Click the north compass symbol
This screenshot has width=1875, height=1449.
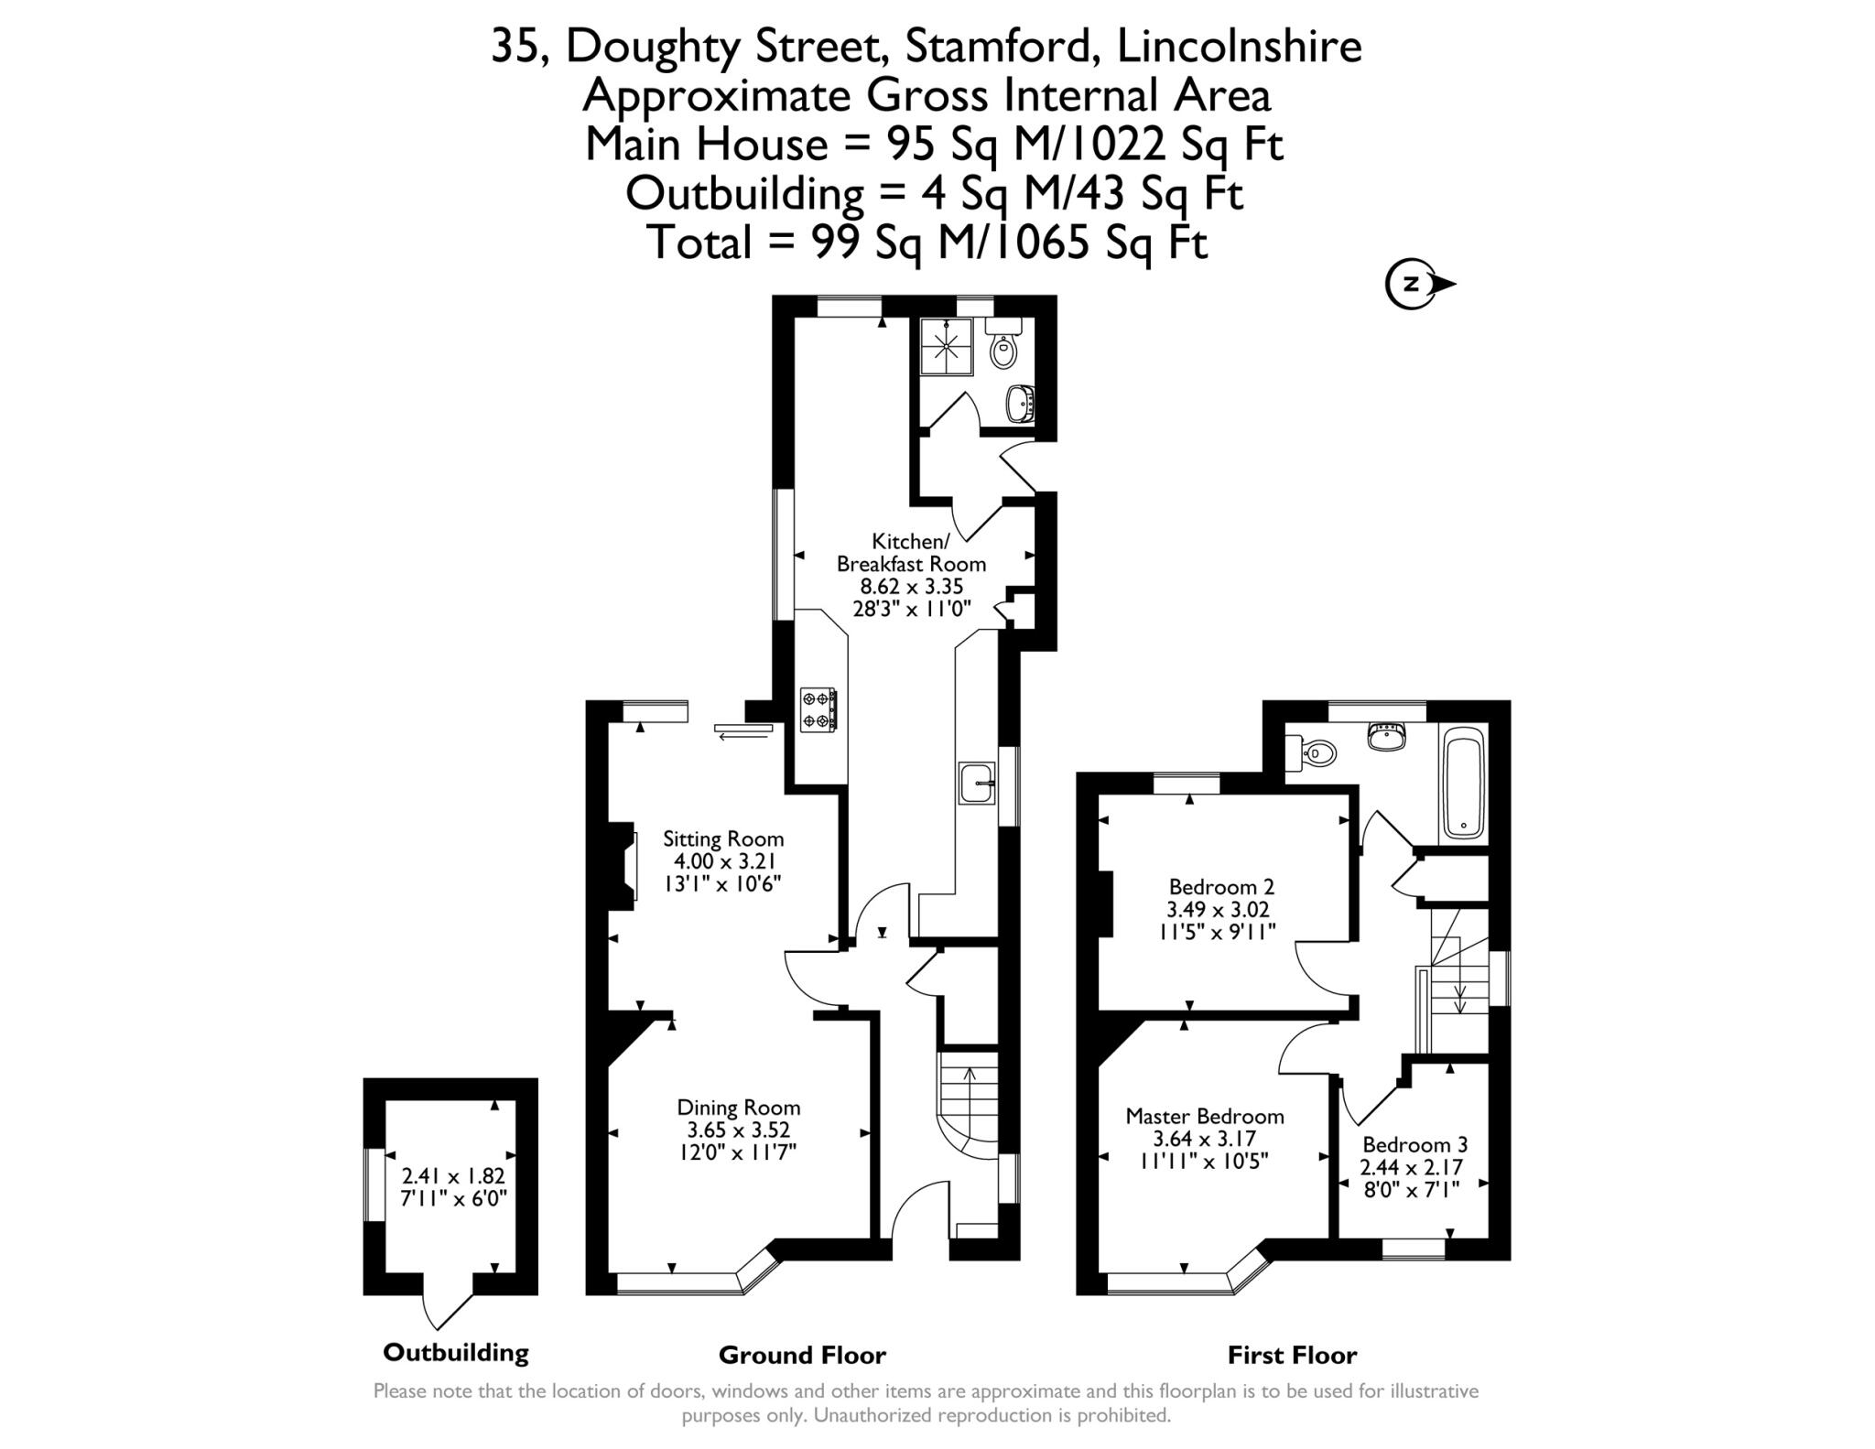coord(1416,284)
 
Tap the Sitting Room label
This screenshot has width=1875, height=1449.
coord(723,838)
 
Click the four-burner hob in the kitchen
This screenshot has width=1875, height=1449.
coord(818,709)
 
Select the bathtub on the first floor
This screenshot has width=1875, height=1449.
coord(1463,784)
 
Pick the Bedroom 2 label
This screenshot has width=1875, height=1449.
coord(1221,886)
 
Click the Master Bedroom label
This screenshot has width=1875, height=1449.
coord(1204,1116)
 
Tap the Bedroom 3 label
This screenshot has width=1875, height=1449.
coord(1414,1144)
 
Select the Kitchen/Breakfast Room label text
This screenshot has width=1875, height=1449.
coord(911,552)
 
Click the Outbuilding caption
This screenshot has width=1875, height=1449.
coord(455,1352)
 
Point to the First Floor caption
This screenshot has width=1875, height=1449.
coord(1292,1355)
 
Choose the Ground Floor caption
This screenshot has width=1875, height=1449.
coord(802,1355)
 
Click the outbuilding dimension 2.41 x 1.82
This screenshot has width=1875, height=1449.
coord(453,1176)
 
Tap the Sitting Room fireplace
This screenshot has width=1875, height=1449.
coord(624,866)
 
